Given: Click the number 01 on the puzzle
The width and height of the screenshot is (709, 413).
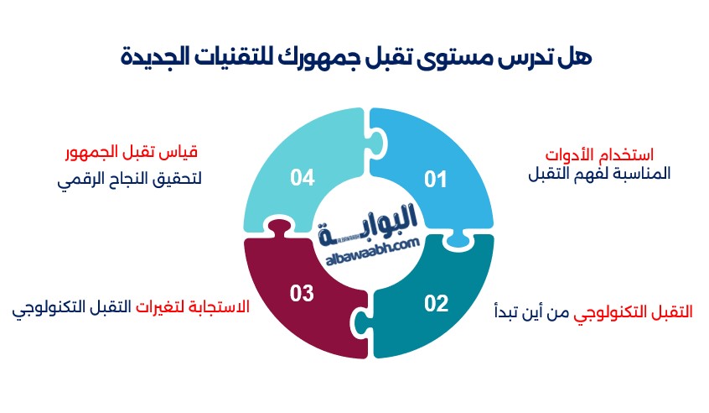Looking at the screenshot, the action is pos(436,180).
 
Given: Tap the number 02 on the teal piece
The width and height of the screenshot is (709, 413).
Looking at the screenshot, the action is pos(436,303).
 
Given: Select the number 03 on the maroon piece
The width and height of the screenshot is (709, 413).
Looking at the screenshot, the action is pos(302,293).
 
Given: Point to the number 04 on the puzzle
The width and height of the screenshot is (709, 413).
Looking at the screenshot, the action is pos(302,177).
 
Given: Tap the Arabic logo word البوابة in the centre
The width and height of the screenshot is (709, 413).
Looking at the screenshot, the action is pos(367,225).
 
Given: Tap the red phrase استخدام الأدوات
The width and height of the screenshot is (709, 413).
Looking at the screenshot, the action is pos(599,154).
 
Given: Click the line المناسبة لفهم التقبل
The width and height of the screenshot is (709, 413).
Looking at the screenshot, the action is pos(599,174).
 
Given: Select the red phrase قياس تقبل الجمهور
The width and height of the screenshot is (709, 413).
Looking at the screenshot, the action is pos(132,152).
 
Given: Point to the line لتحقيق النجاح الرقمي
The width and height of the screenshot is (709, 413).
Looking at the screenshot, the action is pos(129,179).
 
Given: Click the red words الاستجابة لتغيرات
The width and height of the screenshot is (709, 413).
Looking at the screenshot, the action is pos(193,306).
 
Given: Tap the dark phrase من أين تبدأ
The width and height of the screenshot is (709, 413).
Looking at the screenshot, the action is pos(531,312).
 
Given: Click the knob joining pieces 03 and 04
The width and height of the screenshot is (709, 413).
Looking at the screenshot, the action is pos(279,227).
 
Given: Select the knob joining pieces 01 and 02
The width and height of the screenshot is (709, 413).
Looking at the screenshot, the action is pos(457,238).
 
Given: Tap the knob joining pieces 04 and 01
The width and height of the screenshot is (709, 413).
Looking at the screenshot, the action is pos(378,143).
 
